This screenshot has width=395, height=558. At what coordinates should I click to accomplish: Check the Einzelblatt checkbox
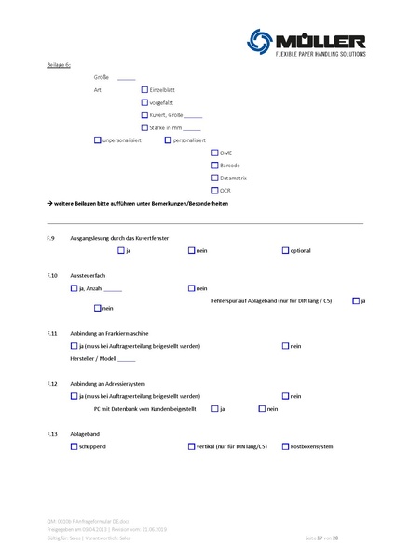[x=144, y=88]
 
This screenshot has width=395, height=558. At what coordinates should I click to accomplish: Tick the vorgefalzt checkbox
[x=144, y=101]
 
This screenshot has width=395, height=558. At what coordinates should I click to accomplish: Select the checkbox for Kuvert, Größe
[x=144, y=114]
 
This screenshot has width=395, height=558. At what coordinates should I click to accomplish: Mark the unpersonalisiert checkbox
[x=98, y=139]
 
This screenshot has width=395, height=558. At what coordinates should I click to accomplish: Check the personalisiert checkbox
[x=168, y=139]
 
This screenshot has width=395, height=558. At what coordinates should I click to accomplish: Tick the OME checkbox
[x=215, y=152]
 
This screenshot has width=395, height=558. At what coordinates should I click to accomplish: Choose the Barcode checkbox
[x=215, y=165]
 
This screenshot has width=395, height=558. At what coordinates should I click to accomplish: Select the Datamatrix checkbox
[x=215, y=177]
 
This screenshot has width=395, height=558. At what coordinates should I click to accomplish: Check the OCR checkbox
[x=215, y=190]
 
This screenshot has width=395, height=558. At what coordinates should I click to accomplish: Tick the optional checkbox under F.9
[x=285, y=251]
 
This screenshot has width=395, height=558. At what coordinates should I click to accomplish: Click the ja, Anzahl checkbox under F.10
[x=74, y=288]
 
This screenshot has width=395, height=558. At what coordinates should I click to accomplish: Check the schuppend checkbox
[x=74, y=446]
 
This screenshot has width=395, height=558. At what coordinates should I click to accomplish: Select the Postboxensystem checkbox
[x=285, y=446]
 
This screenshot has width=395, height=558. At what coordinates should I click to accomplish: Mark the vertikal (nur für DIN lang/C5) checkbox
[x=191, y=446]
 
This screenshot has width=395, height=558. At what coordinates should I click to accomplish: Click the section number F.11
[x=51, y=332]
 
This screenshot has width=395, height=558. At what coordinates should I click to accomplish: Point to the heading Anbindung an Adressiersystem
[x=110, y=383]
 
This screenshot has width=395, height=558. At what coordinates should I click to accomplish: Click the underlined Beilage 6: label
[x=59, y=64]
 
